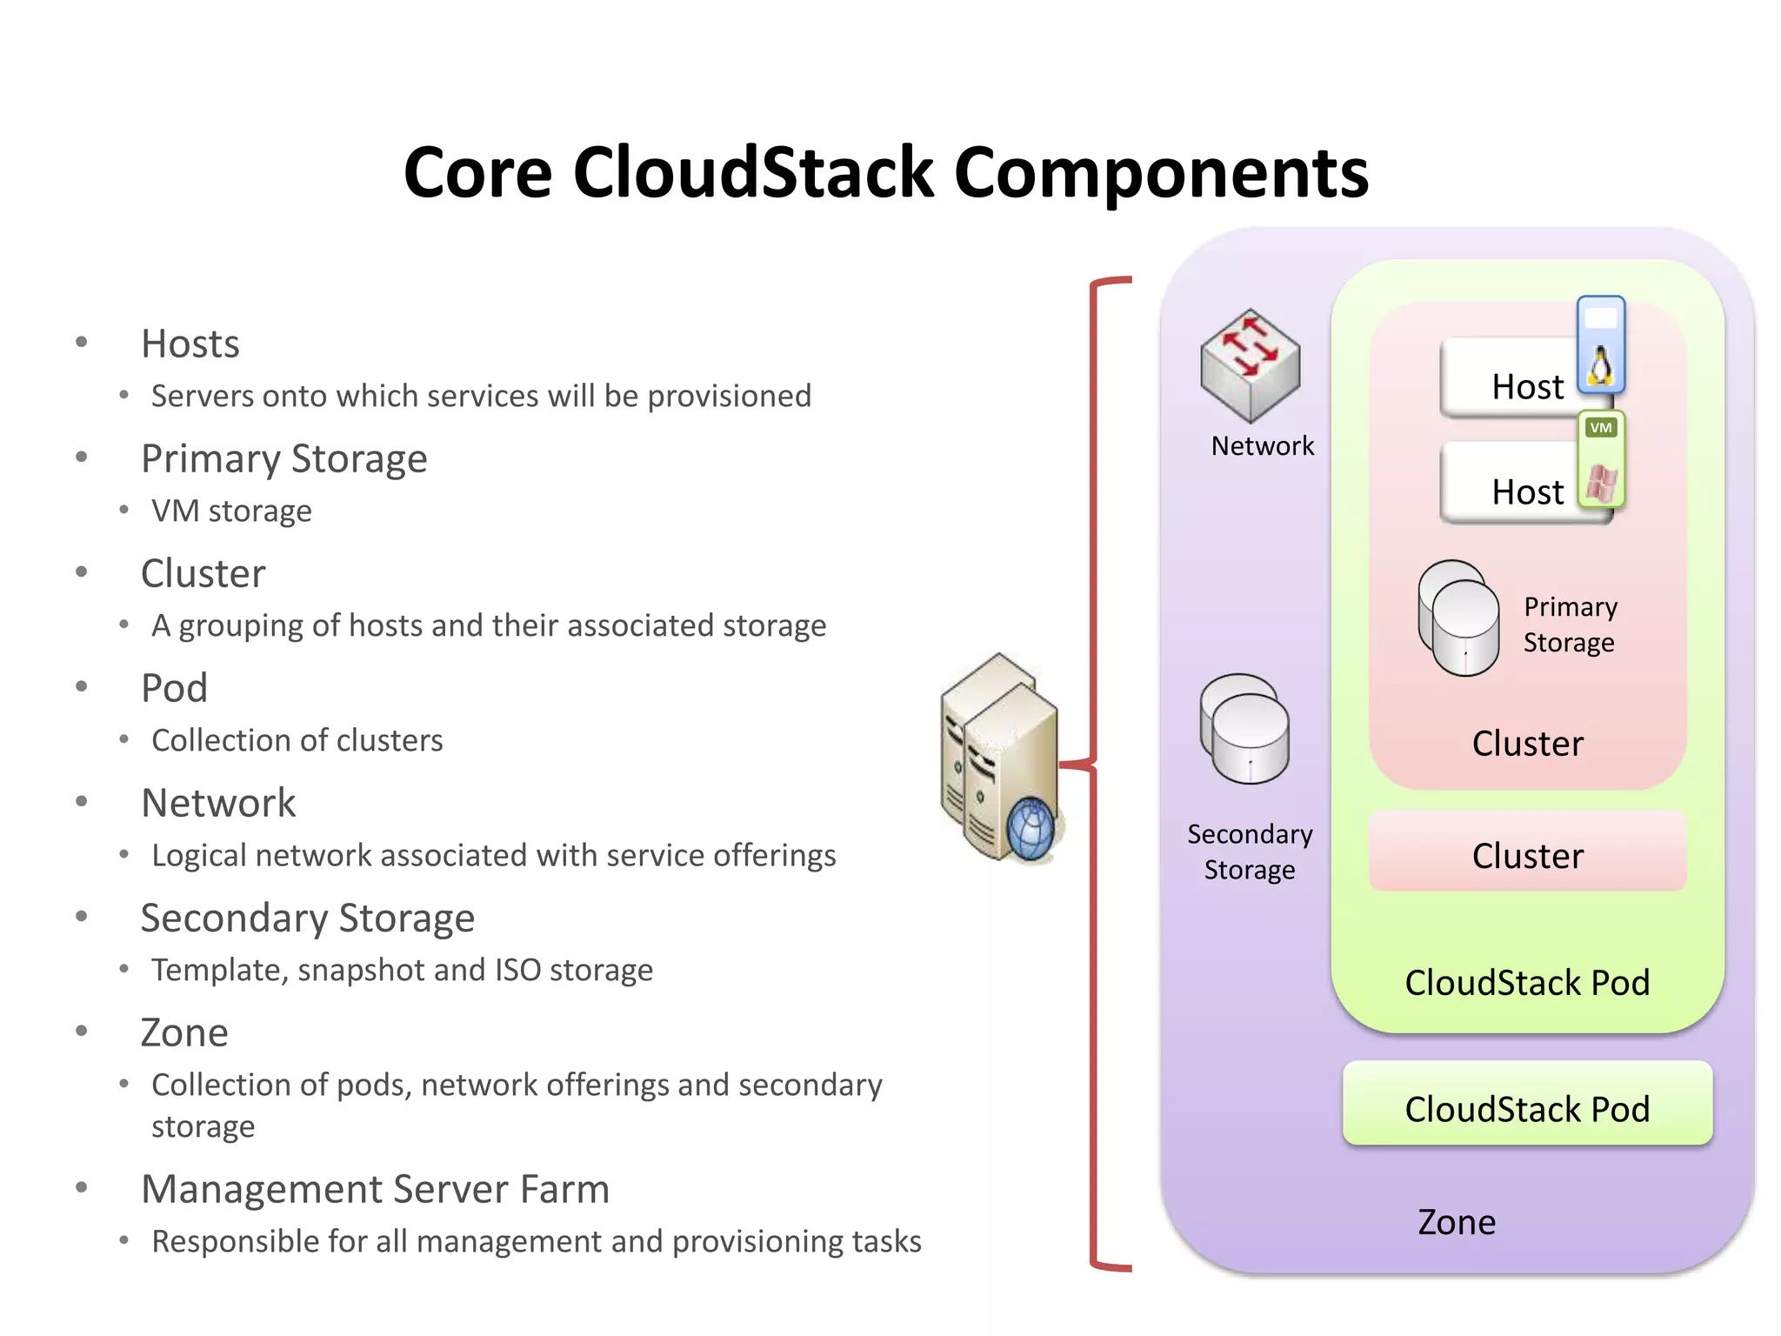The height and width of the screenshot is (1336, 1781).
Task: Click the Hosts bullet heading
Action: (190, 344)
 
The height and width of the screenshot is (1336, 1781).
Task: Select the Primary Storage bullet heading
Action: (283, 458)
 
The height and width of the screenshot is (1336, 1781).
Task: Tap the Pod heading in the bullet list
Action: (174, 688)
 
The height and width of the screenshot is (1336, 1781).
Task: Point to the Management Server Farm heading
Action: (375, 1189)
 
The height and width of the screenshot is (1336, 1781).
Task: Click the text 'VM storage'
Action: (231, 511)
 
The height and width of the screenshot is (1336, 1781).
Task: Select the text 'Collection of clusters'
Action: (297, 740)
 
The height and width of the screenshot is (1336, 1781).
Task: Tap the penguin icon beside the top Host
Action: (1600, 366)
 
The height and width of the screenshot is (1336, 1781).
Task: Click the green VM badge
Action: (1601, 428)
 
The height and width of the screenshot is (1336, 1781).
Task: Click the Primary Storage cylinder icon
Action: (1459, 618)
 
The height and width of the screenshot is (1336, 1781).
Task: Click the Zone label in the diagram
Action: (1457, 1222)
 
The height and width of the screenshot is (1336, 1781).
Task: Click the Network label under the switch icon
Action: (1262, 446)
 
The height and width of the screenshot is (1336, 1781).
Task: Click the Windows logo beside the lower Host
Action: (1600, 484)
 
